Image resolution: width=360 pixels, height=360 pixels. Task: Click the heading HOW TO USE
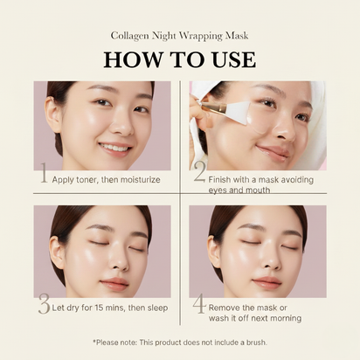(x=179, y=60)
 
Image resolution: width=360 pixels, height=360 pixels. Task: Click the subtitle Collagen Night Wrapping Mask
(x=179, y=36)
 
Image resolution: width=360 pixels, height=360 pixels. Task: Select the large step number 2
(x=199, y=173)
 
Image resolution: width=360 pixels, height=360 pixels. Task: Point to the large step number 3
(x=44, y=304)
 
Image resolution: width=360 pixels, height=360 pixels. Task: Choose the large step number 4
(x=199, y=305)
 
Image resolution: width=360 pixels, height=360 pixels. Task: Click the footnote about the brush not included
(x=179, y=342)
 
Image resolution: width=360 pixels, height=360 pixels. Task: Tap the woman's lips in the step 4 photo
(x=267, y=282)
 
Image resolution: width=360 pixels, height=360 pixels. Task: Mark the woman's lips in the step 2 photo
(x=273, y=151)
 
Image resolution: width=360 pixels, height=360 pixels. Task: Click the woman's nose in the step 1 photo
(x=115, y=125)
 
